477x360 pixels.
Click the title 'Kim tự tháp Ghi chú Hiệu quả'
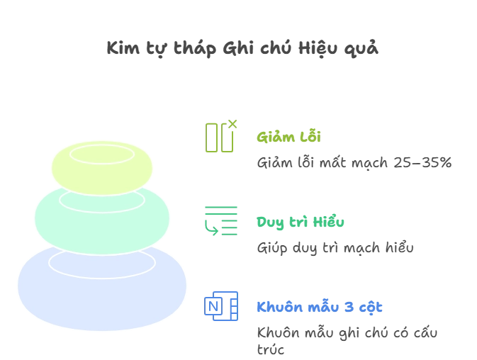[x=242, y=48]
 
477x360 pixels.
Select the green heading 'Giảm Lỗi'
[x=288, y=137]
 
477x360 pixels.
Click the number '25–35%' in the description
[x=422, y=163]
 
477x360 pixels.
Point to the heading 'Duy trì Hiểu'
[x=301, y=222]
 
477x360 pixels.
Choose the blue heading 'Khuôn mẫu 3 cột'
[x=320, y=307]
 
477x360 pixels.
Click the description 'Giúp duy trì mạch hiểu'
[x=335, y=248]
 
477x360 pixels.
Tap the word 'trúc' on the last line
[x=271, y=349]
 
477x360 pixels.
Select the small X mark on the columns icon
[x=232, y=124]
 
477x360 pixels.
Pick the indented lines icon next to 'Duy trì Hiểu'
[x=221, y=221]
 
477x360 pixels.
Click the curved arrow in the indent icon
[x=211, y=229]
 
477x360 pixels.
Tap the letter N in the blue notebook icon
[x=213, y=306]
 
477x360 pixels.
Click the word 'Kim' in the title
[x=123, y=48]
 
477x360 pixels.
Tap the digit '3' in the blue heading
[x=349, y=307]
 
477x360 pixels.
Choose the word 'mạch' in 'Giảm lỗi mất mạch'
[x=369, y=163]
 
